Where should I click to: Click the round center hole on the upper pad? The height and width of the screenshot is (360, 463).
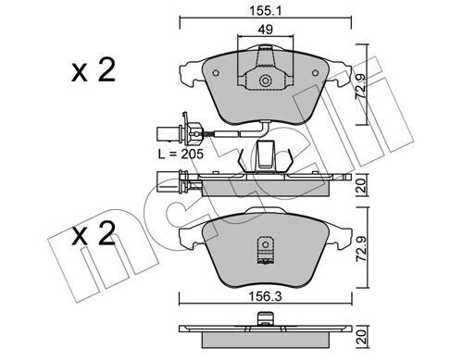[x=267, y=81]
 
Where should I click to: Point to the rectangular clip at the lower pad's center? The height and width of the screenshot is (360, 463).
[x=267, y=252]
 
